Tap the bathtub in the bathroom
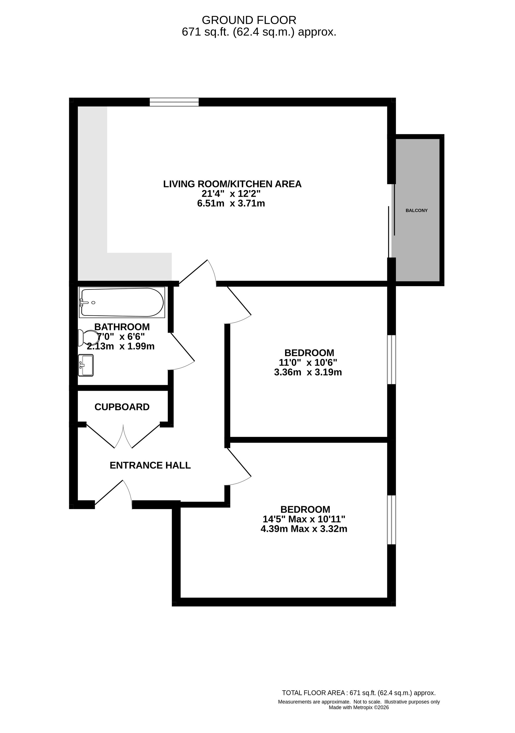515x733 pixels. click(x=122, y=302)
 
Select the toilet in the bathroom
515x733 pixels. click(x=88, y=338)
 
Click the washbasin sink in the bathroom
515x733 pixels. click(x=86, y=365)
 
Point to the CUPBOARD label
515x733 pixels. click(x=122, y=407)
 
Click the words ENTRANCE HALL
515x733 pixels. click(x=150, y=465)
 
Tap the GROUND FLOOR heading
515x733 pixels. click(x=249, y=20)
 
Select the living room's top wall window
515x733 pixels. click(x=174, y=102)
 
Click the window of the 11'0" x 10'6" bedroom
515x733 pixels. click(x=391, y=360)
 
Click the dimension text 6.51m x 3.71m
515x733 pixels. click(x=231, y=203)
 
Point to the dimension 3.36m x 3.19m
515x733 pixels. click(x=308, y=372)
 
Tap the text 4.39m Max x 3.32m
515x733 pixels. click(x=304, y=529)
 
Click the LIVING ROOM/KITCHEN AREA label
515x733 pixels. click(x=233, y=184)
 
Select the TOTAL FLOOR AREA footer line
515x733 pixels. click(x=359, y=693)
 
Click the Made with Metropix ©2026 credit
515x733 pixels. click(x=359, y=707)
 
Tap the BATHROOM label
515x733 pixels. click(x=122, y=327)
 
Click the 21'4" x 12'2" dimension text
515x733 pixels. click(x=231, y=194)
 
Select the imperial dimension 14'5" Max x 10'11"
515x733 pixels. click(x=304, y=519)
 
